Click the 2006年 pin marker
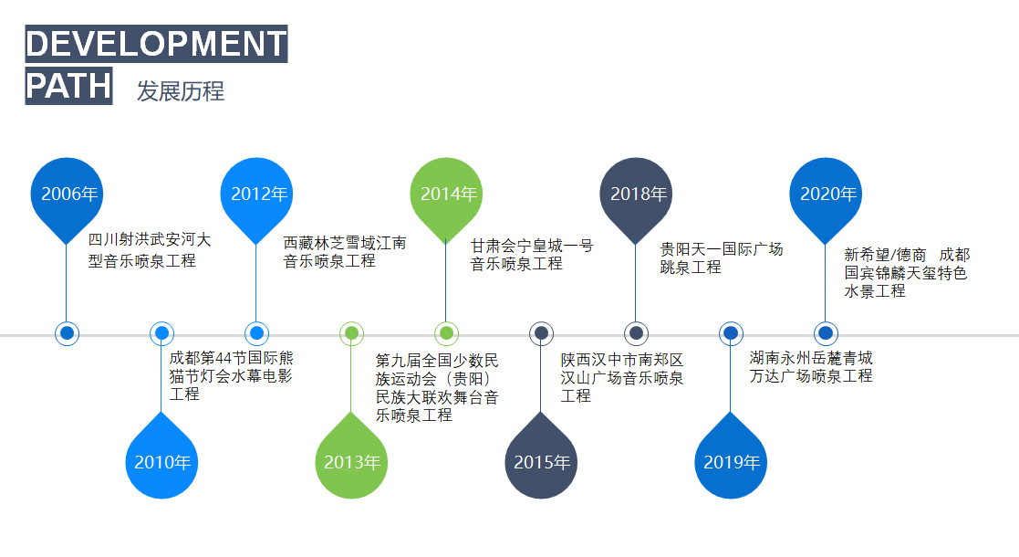click(x=67, y=194)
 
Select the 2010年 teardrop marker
click(x=161, y=462)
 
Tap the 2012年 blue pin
click(x=256, y=194)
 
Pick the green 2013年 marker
click(x=351, y=462)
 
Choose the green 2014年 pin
click(x=446, y=194)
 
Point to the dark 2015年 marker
click(x=541, y=462)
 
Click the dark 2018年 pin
click(x=636, y=194)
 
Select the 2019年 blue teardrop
click(x=731, y=462)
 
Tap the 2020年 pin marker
click(x=826, y=194)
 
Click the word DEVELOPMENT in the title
click(x=156, y=45)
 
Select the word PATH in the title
click(x=68, y=87)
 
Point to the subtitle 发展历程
click(x=181, y=91)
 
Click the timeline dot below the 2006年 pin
click(x=67, y=333)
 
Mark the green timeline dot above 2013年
click(x=351, y=333)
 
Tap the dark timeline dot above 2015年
click(x=541, y=333)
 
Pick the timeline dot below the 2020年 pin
click(x=826, y=333)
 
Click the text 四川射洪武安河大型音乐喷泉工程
click(x=149, y=250)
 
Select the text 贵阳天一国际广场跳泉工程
click(x=721, y=258)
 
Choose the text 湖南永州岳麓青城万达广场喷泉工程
click(x=810, y=366)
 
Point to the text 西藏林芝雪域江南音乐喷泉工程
click(x=344, y=252)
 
